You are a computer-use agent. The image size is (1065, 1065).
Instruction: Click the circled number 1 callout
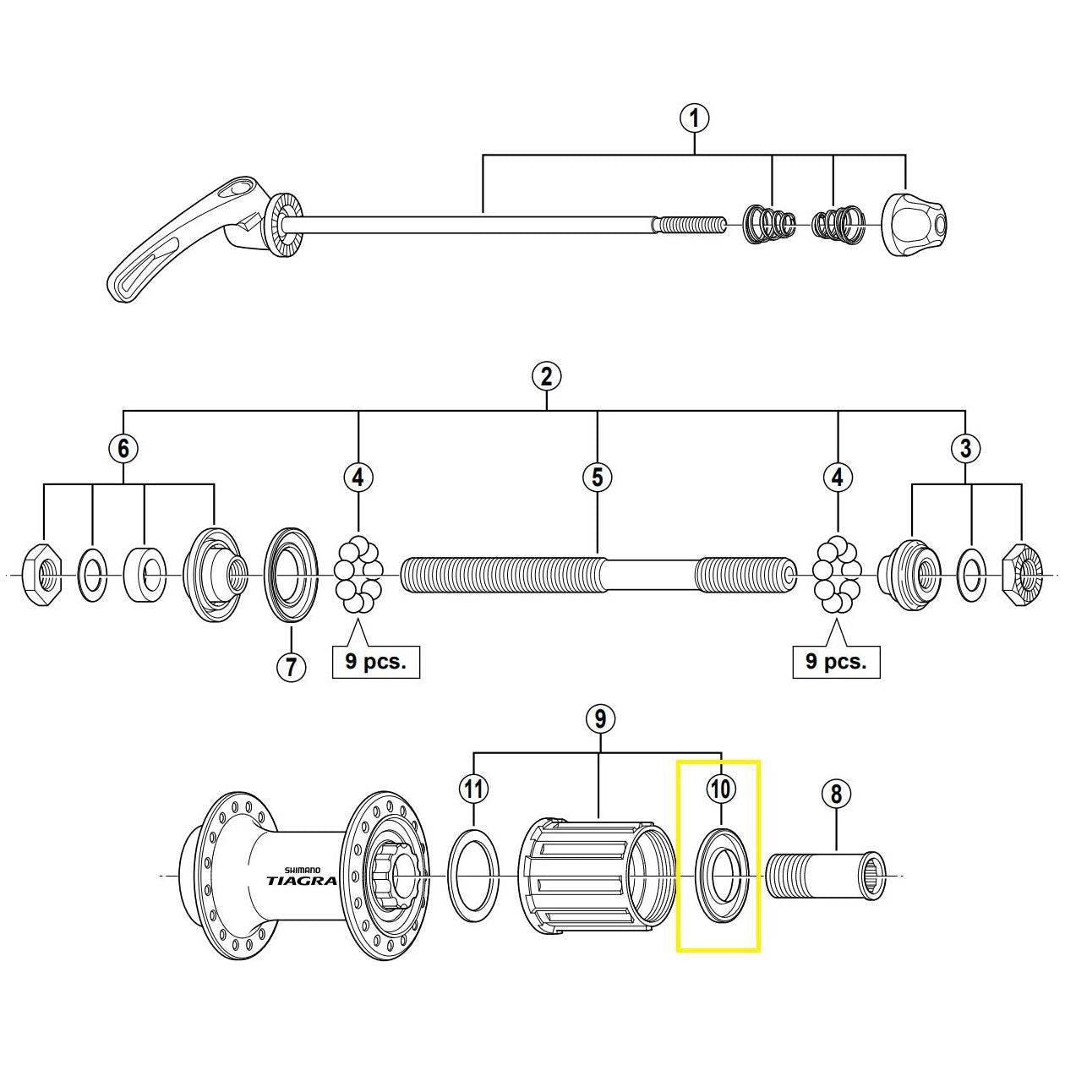click(x=695, y=118)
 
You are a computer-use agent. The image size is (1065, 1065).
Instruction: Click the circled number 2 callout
click(x=547, y=375)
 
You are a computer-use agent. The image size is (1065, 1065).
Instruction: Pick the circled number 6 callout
click(x=123, y=448)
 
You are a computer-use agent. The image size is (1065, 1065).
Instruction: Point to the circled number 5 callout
click(x=598, y=478)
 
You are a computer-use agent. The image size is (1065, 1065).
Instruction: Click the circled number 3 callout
click(x=966, y=448)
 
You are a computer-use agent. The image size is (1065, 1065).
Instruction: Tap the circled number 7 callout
click(x=290, y=667)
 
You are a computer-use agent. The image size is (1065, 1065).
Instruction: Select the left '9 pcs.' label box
click(x=375, y=661)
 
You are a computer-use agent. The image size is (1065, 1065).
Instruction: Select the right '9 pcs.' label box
click(x=836, y=661)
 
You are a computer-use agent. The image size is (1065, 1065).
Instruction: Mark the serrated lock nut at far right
click(x=1022, y=576)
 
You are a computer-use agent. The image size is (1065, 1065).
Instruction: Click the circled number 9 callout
click(x=600, y=719)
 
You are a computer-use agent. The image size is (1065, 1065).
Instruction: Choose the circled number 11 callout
click(x=474, y=789)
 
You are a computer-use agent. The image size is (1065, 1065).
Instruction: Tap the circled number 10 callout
click(x=720, y=789)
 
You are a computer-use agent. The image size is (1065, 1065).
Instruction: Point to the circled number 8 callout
click(x=836, y=794)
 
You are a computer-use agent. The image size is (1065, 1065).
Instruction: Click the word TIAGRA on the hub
click(x=301, y=880)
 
